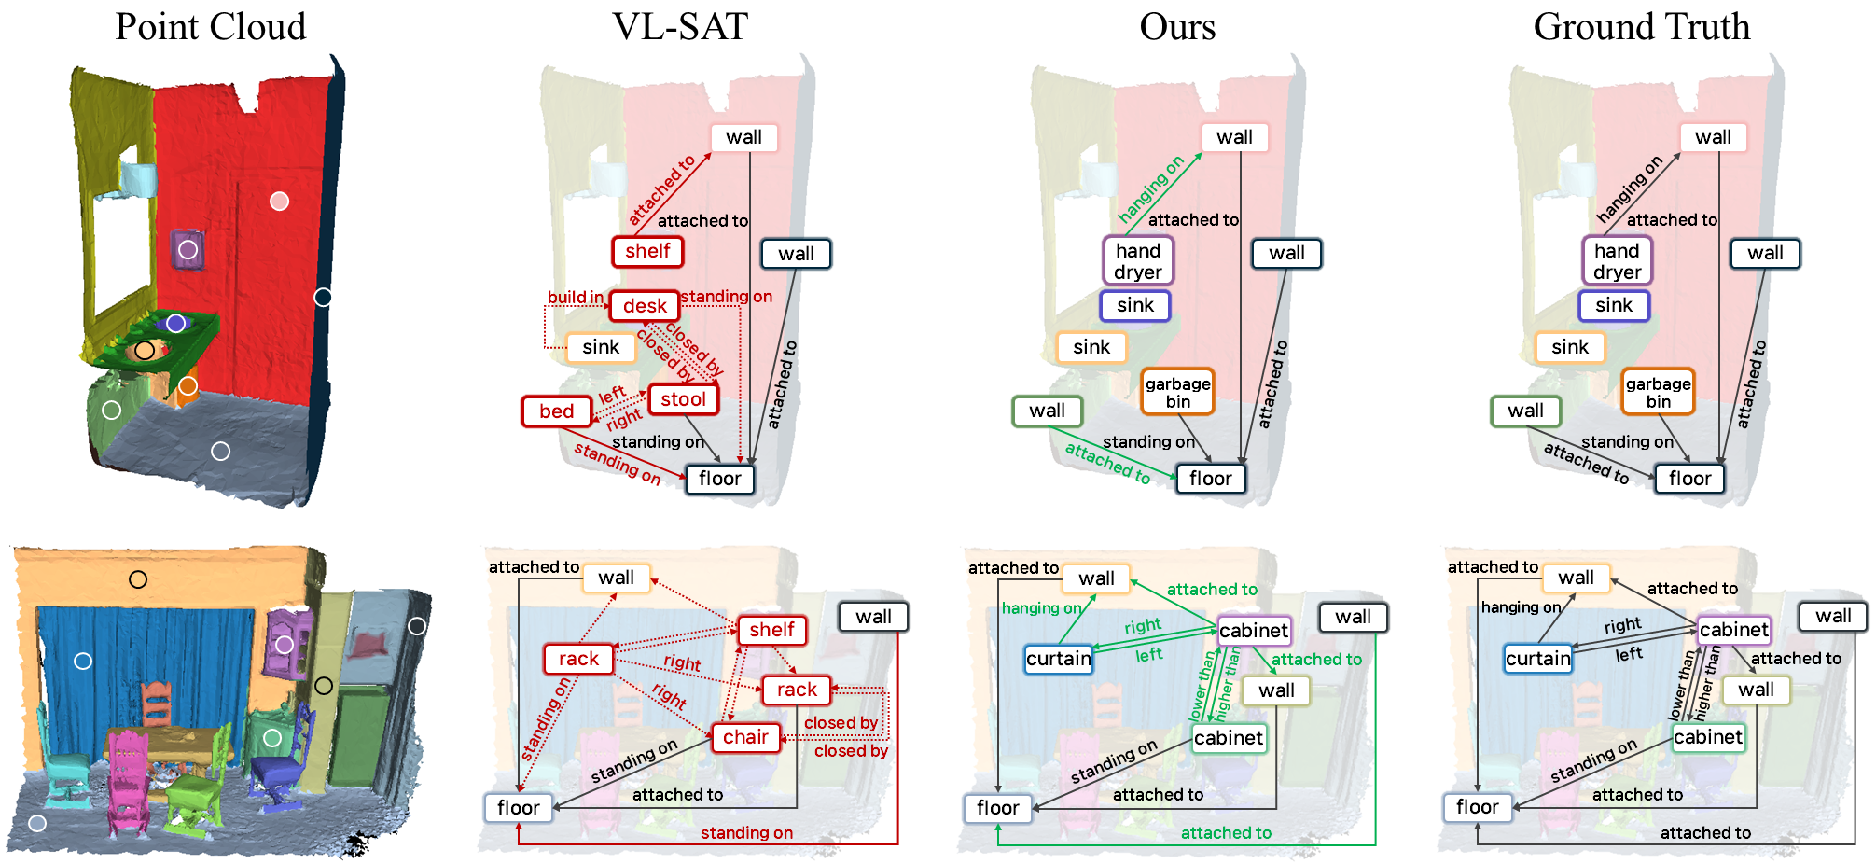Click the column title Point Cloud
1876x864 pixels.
coord(210,27)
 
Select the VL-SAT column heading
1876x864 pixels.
coord(679,27)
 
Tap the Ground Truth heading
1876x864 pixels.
coord(1641,27)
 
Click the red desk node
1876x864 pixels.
coord(644,306)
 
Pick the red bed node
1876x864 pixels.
coord(556,411)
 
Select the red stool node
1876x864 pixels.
coord(683,399)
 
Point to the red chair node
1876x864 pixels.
coord(745,737)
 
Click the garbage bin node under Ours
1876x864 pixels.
coord(1177,392)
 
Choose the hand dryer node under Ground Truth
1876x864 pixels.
coord(1617,261)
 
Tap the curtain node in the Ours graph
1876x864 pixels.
coord(1058,659)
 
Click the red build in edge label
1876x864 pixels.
coord(575,297)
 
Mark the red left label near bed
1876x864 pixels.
coord(612,396)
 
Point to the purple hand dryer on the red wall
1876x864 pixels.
coord(188,249)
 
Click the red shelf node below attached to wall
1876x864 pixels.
coord(647,251)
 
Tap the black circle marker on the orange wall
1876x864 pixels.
coord(138,579)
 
